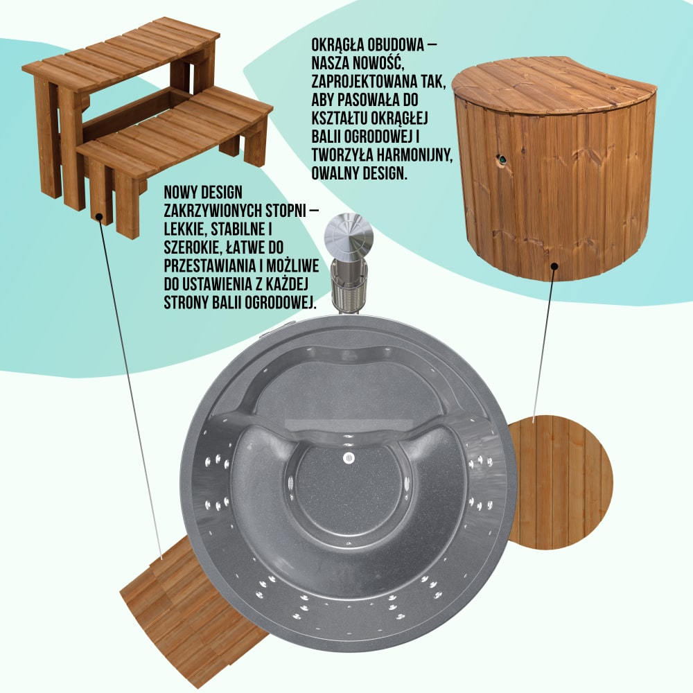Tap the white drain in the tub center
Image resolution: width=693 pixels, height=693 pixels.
coord(349,458)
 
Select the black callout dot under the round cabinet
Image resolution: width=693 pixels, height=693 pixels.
coord(554,266)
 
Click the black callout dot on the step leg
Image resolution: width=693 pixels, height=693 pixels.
coord(100,216)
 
